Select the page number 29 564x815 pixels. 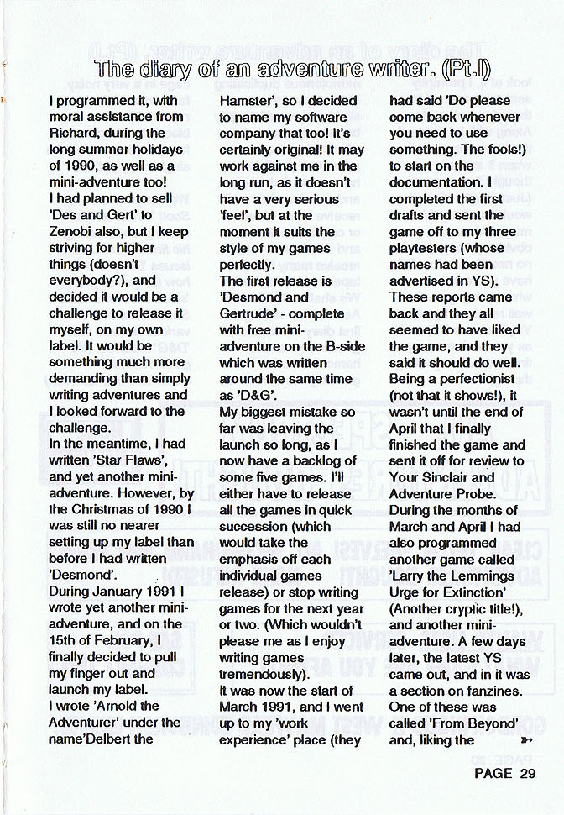[x=527, y=774]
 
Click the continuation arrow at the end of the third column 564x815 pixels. [x=527, y=740]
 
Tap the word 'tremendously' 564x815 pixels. [x=259, y=674]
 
